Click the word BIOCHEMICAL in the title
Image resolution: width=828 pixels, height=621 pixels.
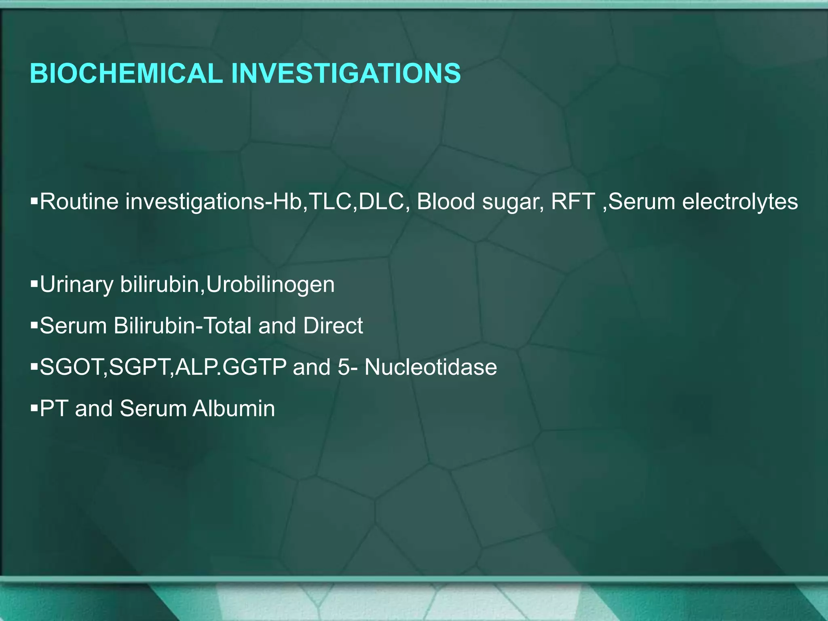click(126, 74)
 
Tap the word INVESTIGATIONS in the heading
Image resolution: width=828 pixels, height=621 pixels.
click(345, 74)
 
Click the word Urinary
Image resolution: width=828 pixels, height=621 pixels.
click(76, 285)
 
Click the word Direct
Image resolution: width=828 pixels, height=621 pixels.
click(333, 326)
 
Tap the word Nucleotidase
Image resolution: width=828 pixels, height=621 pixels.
click(431, 368)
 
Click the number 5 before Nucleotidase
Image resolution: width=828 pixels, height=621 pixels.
click(343, 368)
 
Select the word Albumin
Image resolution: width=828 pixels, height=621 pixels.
click(234, 409)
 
